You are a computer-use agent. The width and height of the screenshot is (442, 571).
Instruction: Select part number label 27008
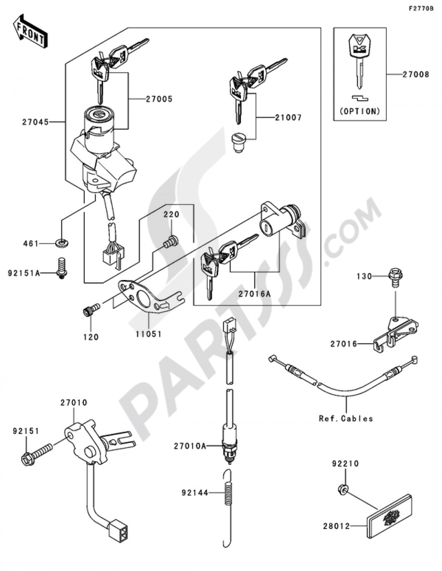pos(415,75)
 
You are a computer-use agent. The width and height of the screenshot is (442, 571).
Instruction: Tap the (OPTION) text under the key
pos(360,111)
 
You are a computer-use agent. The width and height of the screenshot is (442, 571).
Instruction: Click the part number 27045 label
pos(35,121)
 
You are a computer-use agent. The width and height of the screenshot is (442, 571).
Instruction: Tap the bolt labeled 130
pos(393,277)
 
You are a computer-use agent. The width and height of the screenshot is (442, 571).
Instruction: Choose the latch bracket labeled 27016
pos(396,334)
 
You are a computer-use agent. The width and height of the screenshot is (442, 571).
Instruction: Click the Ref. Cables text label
pos(346,418)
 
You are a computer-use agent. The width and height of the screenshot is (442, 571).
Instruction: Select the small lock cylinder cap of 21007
pos(239,143)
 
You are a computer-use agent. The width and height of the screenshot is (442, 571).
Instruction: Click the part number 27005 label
pos(159,99)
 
